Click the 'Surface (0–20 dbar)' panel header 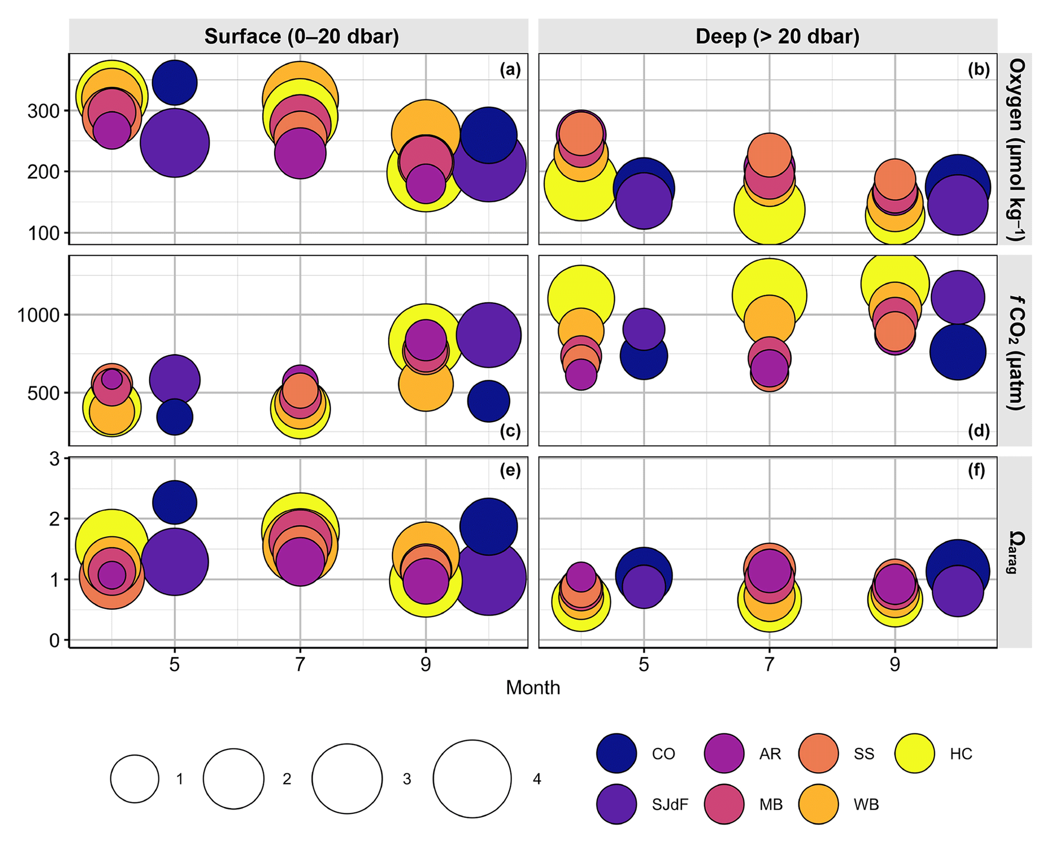click(x=301, y=37)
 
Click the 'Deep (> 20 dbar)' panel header click(x=777, y=37)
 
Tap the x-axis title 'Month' click(x=532, y=687)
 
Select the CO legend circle click(x=616, y=753)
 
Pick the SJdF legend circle click(x=616, y=804)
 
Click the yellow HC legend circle click(x=914, y=753)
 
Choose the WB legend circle click(x=818, y=804)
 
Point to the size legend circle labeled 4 click(x=472, y=778)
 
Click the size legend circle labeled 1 click(x=135, y=778)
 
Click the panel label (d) click(x=979, y=431)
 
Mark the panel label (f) click(x=976, y=471)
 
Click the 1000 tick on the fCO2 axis click(x=39, y=316)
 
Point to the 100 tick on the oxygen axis click(x=44, y=233)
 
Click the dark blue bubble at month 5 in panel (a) click(x=174, y=82)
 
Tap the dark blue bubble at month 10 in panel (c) click(x=488, y=401)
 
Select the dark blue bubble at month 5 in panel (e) click(x=174, y=502)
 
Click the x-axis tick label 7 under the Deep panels click(x=769, y=664)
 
